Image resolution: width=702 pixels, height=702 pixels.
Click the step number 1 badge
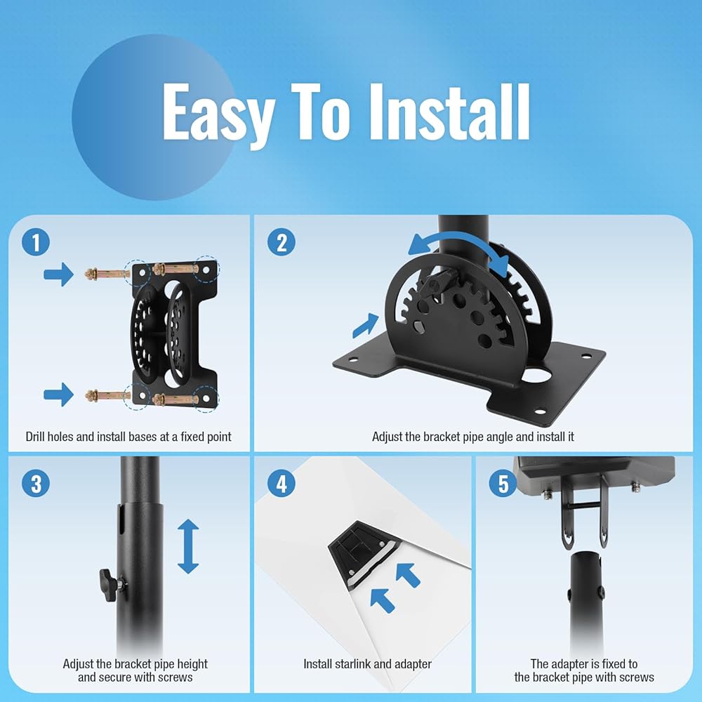pyautogui.click(x=35, y=242)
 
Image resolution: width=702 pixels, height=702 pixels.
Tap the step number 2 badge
pyautogui.click(x=282, y=242)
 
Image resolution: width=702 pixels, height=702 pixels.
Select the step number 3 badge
pyautogui.click(x=35, y=483)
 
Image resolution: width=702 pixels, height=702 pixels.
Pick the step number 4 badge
pyautogui.click(x=282, y=483)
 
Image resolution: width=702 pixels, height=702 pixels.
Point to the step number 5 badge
pyautogui.click(x=503, y=483)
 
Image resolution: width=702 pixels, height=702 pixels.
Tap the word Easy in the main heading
pyautogui.click(x=218, y=116)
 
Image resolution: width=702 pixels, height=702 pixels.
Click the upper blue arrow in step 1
pyautogui.click(x=59, y=274)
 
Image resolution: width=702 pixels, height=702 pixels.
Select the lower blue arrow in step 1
pyautogui.click(x=59, y=395)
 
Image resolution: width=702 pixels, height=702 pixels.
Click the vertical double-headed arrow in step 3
pyautogui.click(x=188, y=546)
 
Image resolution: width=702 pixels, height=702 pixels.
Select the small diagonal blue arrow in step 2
pyautogui.click(x=366, y=326)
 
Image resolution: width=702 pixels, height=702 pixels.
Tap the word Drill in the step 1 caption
pyautogui.click(x=35, y=437)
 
